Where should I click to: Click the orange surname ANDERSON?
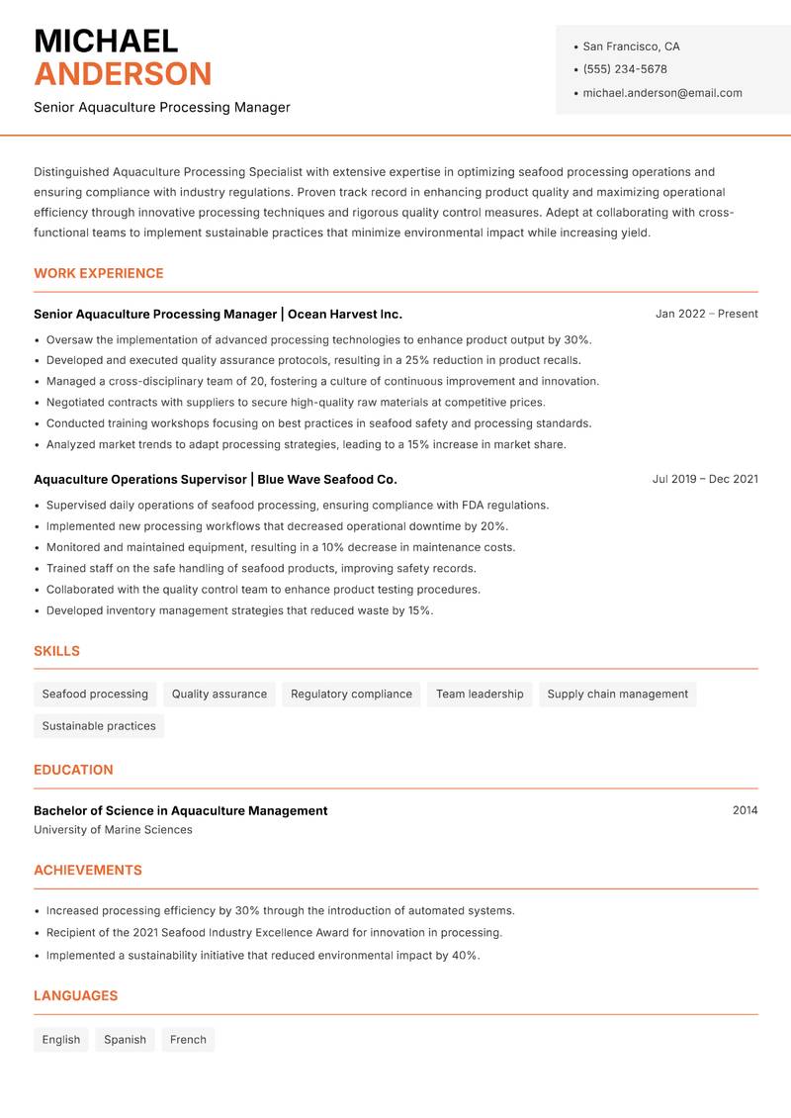pyautogui.click(x=123, y=74)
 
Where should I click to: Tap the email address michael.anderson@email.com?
pyautogui.click(x=662, y=93)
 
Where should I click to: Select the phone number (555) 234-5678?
pyautogui.click(x=625, y=69)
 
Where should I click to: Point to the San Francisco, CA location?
pyautogui.click(x=631, y=47)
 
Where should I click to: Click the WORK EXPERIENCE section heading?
pyautogui.click(x=99, y=273)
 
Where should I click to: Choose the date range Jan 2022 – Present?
pyautogui.click(x=706, y=314)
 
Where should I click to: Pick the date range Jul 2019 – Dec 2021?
pyautogui.click(x=705, y=479)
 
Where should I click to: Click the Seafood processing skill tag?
pyautogui.click(x=95, y=695)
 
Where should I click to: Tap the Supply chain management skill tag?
pyautogui.click(x=617, y=695)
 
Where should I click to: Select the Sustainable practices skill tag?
pyautogui.click(x=99, y=726)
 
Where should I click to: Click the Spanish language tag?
pyautogui.click(x=125, y=1040)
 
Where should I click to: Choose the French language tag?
pyautogui.click(x=188, y=1040)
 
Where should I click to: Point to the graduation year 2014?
pyautogui.click(x=745, y=810)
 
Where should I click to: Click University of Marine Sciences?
pyautogui.click(x=113, y=830)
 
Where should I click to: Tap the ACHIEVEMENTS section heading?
pyautogui.click(x=88, y=871)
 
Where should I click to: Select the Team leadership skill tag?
pyautogui.click(x=480, y=695)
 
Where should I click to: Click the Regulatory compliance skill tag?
pyautogui.click(x=351, y=695)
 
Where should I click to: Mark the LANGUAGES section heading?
pyautogui.click(x=75, y=996)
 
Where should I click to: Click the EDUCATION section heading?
pyautogui.click(x=73, y=770)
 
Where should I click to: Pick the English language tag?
pyautogui.click(x=61, y=1040)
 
